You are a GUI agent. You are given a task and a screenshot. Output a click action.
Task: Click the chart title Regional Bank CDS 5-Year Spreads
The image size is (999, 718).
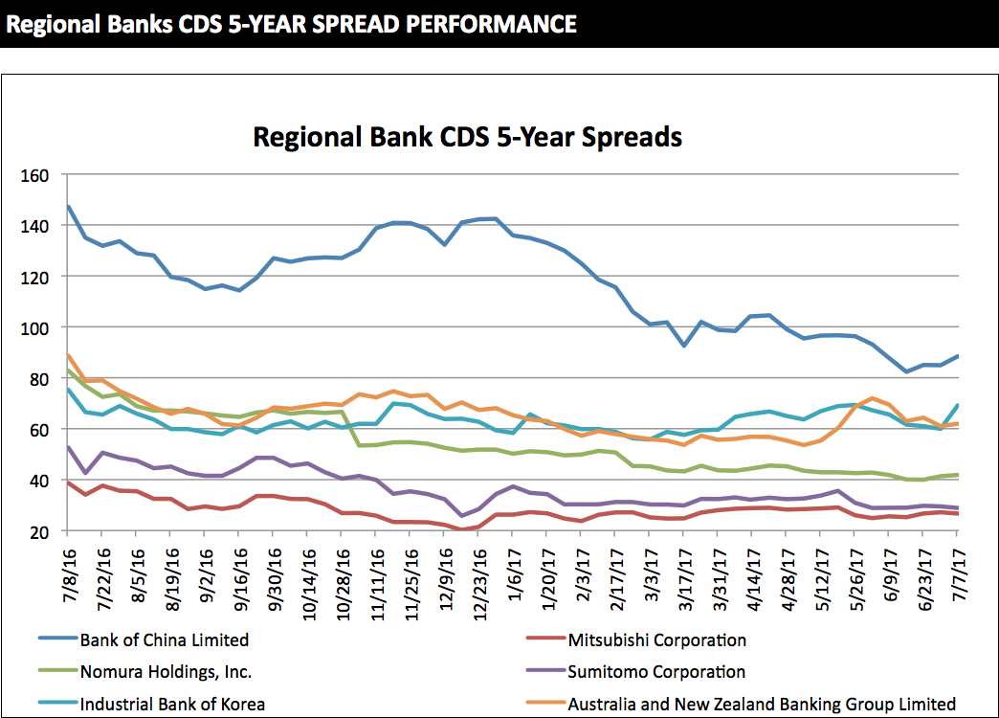pyautogui.click(x=467, y=137)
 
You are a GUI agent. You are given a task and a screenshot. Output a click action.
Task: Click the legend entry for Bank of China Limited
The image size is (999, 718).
pyautogui.click(x=165, y=639)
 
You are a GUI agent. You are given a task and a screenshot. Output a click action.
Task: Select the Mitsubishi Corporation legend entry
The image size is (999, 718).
pyautogui.click(x=656, y=639)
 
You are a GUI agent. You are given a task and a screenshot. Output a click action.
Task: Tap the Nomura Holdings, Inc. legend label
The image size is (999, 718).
pyautogui.click(x=166, y=672)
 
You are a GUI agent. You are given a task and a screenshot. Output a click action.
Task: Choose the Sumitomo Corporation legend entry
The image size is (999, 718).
pyautogui.click(x=655, y=672)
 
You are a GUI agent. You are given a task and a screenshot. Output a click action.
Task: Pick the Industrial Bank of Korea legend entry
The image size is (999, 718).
pyautogui.click(x=172, y=704)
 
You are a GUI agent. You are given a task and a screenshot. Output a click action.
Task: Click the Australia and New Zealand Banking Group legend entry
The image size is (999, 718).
pyautogui.click(x=762, y=704)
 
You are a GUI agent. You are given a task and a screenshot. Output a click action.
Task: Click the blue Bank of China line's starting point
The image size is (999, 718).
pyautogui.click(x=69, y=206)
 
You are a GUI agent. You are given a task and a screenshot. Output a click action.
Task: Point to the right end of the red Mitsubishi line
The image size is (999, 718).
pyautogui.click(x=957, y=514)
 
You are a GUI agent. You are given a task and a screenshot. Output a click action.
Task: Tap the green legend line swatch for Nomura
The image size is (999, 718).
pyautogui.click(x=56, y=672)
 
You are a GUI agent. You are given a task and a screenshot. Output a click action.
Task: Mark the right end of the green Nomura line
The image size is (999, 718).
pyautogui.click(x=957, y=475)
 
